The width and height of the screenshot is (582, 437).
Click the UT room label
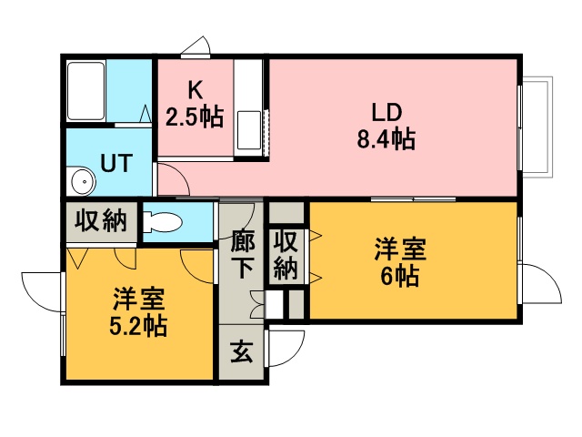115,164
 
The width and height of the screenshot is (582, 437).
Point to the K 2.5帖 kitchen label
194,105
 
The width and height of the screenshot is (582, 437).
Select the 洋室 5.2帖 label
140,312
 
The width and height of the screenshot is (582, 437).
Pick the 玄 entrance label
241,352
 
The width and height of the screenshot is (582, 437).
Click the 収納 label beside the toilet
100,221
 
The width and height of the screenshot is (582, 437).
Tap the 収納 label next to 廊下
286,256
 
